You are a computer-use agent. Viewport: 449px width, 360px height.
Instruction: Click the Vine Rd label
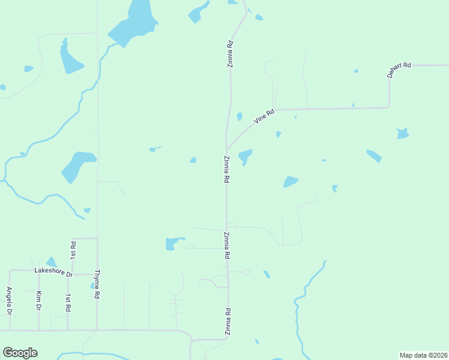pyautogui.click(x=264, y=116)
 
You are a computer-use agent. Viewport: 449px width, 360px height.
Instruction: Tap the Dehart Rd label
pyautogui.click(x=399, y=70)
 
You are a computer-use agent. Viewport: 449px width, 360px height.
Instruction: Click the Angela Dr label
pyautogui.click(x=9, y=301)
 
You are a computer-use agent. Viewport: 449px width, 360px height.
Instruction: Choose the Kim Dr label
pyautogui.click(x=38, y=301)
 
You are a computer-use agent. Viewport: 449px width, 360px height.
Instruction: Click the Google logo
pyautogui.click(x=20, y=353)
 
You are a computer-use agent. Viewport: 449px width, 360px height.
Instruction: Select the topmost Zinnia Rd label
pyautogui.click(x=229, y=53)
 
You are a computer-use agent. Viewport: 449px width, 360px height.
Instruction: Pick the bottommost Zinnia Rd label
pyautogui.click(x=228, y=322)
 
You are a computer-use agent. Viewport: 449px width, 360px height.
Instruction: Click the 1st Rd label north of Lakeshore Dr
pyautogui.click(x=73, y=250)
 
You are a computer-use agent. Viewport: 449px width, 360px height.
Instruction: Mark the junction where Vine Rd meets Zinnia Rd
pyautogui.click(x=226, y=149)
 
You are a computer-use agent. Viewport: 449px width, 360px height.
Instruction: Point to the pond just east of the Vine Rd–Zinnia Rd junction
pyautogui.click(x=245, y=157)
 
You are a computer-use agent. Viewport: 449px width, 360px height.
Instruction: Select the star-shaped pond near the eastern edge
pyautogui.click(x=402, y=133)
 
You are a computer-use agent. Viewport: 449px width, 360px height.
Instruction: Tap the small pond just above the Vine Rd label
pyautogui.click(x=240, y=116)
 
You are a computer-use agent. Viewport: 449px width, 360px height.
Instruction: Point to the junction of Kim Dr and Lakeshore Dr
pyautogui.click(x=38, y=271)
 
